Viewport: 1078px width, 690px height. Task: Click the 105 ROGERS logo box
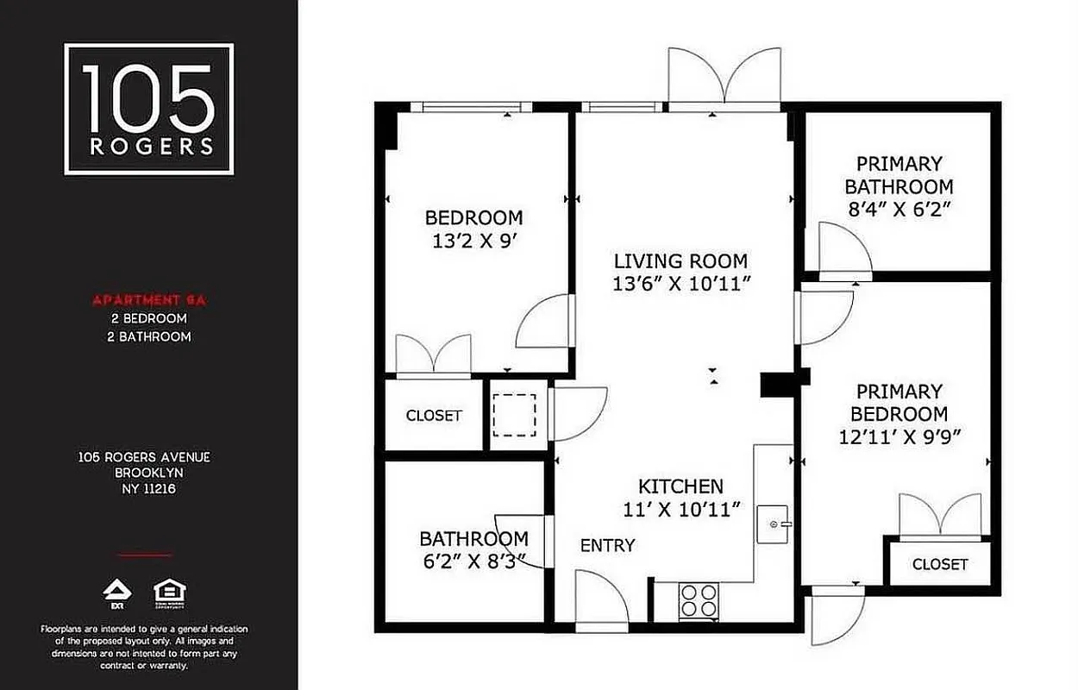[149, 109]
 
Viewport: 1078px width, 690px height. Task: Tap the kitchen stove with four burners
[699, 600]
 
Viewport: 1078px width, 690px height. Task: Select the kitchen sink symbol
[774, 524]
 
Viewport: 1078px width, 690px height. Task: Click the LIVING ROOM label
[680, 260]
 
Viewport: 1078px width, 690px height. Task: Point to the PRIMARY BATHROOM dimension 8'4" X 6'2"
[899, 209]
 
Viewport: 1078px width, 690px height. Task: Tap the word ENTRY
[607, 545]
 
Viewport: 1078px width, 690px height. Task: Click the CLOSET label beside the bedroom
[434, 416]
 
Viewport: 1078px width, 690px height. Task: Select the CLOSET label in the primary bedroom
[940, 564]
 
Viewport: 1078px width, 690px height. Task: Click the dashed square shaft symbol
[514, 414]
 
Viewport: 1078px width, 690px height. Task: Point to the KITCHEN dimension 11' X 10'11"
[681, 510]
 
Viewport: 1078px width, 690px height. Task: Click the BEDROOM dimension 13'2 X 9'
[473, 241]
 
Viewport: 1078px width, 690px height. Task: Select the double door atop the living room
[726, 79]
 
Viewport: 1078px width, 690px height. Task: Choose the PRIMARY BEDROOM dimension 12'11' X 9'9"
[900, 437]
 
